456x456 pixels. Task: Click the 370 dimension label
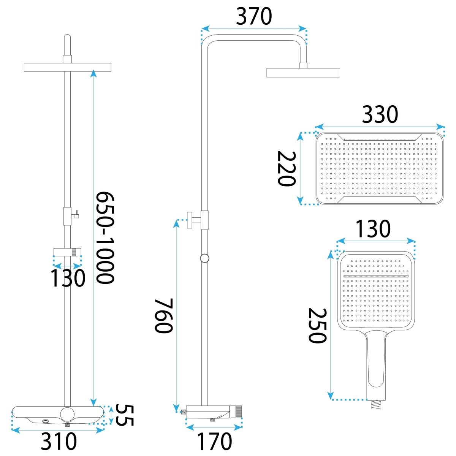[254, 16]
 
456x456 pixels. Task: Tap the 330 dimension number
[380, 114]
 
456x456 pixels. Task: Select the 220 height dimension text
[287, 169]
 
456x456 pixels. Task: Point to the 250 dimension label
[317, 325]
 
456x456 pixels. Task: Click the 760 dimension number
[163, 316]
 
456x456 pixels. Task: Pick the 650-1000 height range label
[105, 237]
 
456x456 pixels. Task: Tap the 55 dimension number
[125, 415]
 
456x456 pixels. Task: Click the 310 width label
[59, 441]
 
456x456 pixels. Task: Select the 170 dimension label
[214, 441]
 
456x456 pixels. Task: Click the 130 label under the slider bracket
[68, 278]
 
